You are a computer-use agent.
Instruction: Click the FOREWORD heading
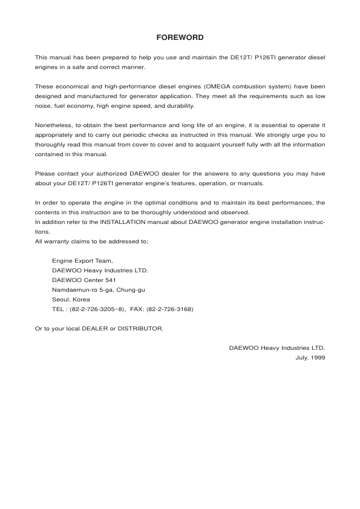(180, 38)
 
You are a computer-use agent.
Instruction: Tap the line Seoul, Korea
(71, 299)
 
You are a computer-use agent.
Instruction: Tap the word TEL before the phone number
(59, 309)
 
